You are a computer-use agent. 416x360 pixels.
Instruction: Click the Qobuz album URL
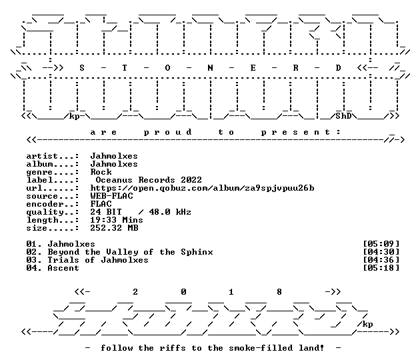coord(202,188)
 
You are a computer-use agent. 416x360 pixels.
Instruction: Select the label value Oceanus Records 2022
coord(149,180)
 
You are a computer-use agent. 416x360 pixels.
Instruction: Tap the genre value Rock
coord(101,172)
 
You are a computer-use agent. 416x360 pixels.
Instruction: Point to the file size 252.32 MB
coord(114,228)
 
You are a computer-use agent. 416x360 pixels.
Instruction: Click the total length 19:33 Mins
coord(117,220)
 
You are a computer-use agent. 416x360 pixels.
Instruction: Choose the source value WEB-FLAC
coord(111,196)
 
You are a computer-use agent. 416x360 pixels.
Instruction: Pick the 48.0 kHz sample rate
coord(170,212)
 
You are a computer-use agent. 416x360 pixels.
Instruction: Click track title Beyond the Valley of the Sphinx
coord(130,252)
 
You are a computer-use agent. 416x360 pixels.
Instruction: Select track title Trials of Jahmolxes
coord(98,260)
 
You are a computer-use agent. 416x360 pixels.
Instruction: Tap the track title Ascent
coord(63,268)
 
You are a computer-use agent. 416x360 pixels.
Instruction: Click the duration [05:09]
coord(381,244)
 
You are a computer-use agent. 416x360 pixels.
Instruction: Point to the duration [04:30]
coord(381,252)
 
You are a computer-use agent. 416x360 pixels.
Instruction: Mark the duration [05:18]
coord(381,268)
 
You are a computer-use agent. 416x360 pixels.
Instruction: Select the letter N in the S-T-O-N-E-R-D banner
coord(210,68)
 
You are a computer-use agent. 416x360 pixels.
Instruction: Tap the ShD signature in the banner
coord(343,116)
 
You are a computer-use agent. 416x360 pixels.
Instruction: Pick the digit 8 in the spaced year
coord(279,292)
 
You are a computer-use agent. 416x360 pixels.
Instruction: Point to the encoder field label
coord(53,204)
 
